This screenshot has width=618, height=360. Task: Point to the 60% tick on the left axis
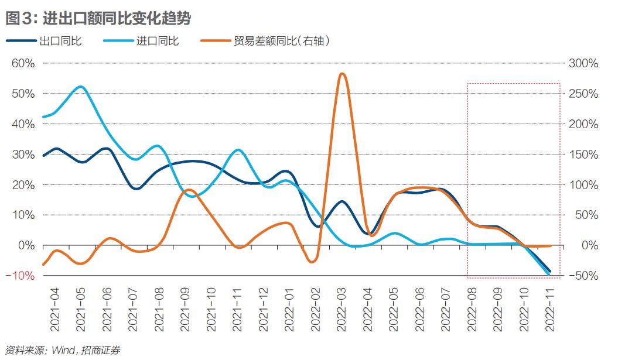click(x=23, y=63)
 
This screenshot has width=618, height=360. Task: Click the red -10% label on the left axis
click(x=22, y=276)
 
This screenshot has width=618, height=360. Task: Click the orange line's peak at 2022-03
click(x=342, y=74)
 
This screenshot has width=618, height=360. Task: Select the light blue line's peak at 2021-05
click(x=81, y=87)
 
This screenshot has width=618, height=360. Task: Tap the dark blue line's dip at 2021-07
click(x=136, y=188)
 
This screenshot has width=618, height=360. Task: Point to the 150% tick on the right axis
click(x=583, y=155)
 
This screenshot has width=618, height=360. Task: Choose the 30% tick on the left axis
click(x=23, y=155)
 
